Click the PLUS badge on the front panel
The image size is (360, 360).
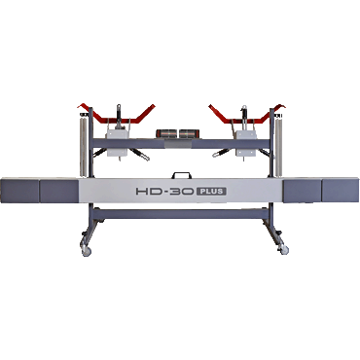(x=211, y=191)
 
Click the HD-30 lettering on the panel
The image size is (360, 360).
(x=165, y=191)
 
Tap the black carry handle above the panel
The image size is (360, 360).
(x=182, y=175)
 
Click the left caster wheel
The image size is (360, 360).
(x=86, y=251)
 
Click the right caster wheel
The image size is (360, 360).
(x=283, y=250)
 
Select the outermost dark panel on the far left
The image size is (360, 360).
(x=20, y=191)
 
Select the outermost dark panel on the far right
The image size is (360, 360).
(x=340, y=191)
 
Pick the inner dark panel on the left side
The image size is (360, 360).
(x=59, y=191)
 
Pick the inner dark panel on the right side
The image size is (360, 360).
(x=302, y=191)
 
